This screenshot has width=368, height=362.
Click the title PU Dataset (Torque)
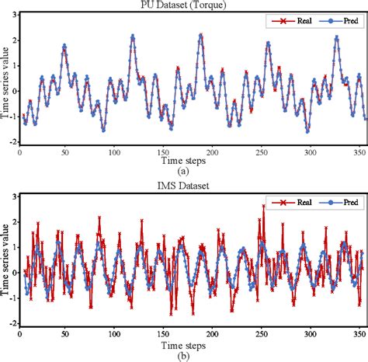pos(190,5)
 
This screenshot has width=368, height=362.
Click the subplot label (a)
pos(183,170)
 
